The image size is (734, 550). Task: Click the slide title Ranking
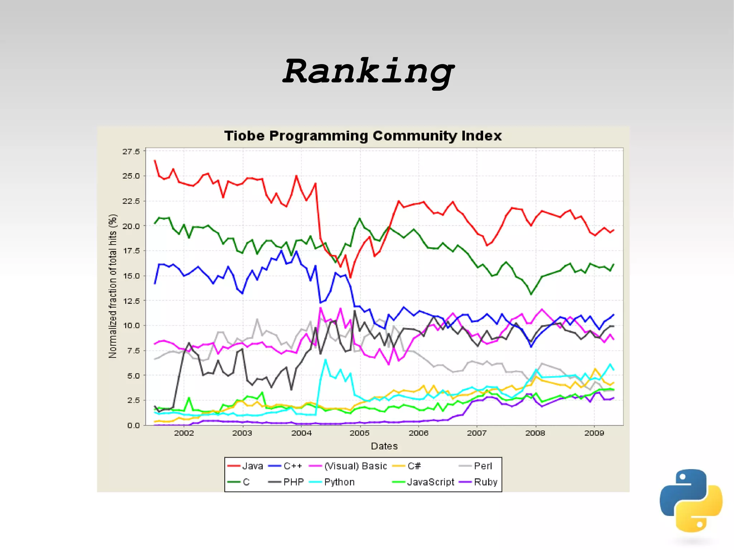point(368,71)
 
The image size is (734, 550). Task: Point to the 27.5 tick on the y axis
point(131,152)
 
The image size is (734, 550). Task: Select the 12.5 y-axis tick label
point(131,301)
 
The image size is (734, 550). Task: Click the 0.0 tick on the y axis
point(133,425)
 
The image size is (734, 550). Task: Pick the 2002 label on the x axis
point(184,433)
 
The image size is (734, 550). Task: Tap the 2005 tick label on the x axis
point(359,433)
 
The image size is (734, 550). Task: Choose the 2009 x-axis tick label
point(594,433)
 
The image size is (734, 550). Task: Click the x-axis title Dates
point(384,446)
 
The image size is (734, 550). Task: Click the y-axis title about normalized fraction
point(113,286)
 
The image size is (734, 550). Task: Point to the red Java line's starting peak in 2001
point(155,161)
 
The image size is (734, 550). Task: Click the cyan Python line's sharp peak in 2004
point(325,360)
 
